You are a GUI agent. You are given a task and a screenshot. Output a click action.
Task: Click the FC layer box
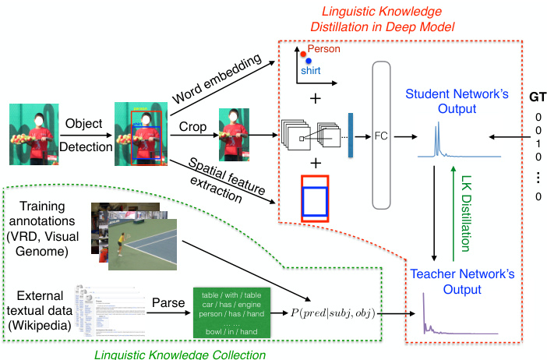[380, 136]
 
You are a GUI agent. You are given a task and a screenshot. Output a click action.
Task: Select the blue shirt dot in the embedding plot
[309, 61]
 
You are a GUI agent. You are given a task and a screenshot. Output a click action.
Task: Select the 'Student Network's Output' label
[441, 100]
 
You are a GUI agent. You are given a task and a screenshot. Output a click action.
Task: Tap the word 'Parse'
[168, 300]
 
